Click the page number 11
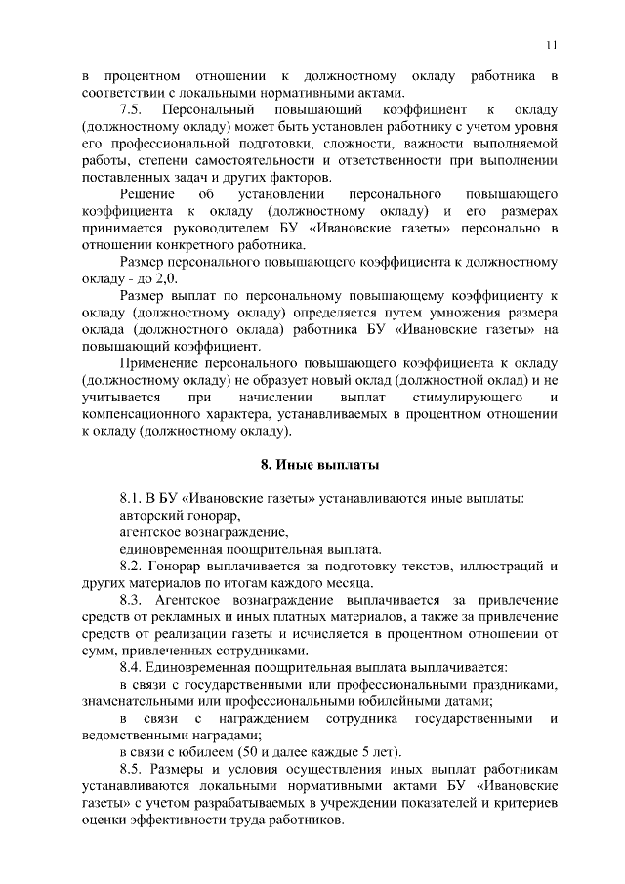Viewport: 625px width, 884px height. click(x=552, y=44)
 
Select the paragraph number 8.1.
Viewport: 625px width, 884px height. click(x=132, y=498)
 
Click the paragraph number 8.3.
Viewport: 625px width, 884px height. click(x=132, y=599)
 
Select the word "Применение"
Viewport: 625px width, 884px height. click(x=162, y=361)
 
